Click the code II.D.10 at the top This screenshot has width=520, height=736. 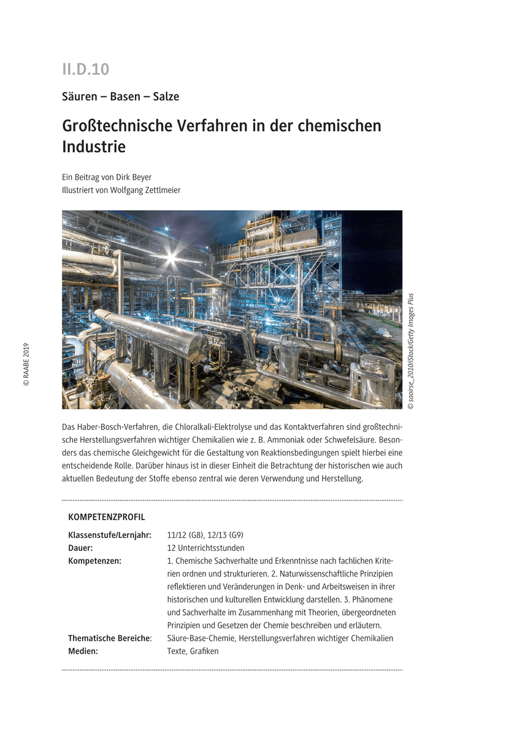[85, 69]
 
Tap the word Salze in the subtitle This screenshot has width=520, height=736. [166, 96]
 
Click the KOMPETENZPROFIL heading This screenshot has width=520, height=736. [107, 517]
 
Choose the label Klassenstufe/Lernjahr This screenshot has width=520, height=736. [110, 535]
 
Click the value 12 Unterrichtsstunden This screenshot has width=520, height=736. [205, 548]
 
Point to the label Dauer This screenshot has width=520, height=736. [80, 548]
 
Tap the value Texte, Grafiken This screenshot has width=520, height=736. [193, 651]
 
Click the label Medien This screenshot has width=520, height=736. [83, 651]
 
